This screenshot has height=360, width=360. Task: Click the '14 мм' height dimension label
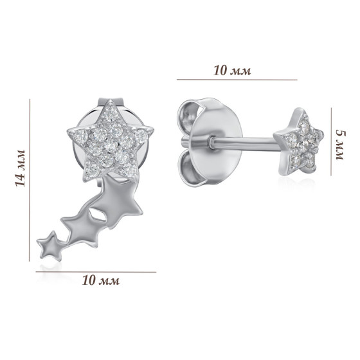[x=20, y=168]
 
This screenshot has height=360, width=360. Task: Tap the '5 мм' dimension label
[x=341, y=145]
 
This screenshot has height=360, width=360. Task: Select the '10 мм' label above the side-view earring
[x=232, y=70]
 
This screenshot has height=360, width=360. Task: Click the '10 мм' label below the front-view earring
[x=101, y=280]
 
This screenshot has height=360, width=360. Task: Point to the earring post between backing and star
[x=243, y=143]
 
